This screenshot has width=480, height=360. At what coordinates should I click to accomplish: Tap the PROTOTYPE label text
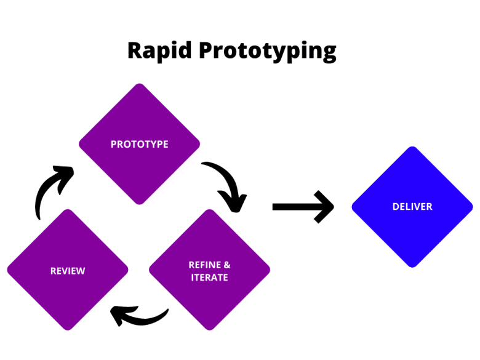tap(139, 145)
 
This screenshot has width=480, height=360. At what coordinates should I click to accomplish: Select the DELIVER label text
tap(412, 207)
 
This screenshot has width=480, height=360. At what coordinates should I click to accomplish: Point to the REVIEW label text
tap(68, 271)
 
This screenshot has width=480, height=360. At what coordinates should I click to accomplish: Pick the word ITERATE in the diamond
tap(209, 278)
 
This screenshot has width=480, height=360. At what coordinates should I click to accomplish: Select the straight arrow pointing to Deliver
tap(302, 207)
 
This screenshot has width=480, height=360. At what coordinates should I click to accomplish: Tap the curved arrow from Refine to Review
tap(138, 316)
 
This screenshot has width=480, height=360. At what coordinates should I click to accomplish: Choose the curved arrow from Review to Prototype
tap(49, 191)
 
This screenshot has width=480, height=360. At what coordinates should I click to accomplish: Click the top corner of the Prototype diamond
tap(140, 85)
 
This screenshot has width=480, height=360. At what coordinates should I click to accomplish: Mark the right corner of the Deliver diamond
tap(471, 207)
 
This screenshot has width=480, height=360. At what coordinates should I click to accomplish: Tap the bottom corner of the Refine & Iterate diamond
tap(210, 329)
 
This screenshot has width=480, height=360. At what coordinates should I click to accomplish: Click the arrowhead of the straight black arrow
tap(324, 207)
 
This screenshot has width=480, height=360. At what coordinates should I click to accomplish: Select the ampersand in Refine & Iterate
tap(227, 265)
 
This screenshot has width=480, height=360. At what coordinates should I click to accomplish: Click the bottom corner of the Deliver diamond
tap(412, 266)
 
